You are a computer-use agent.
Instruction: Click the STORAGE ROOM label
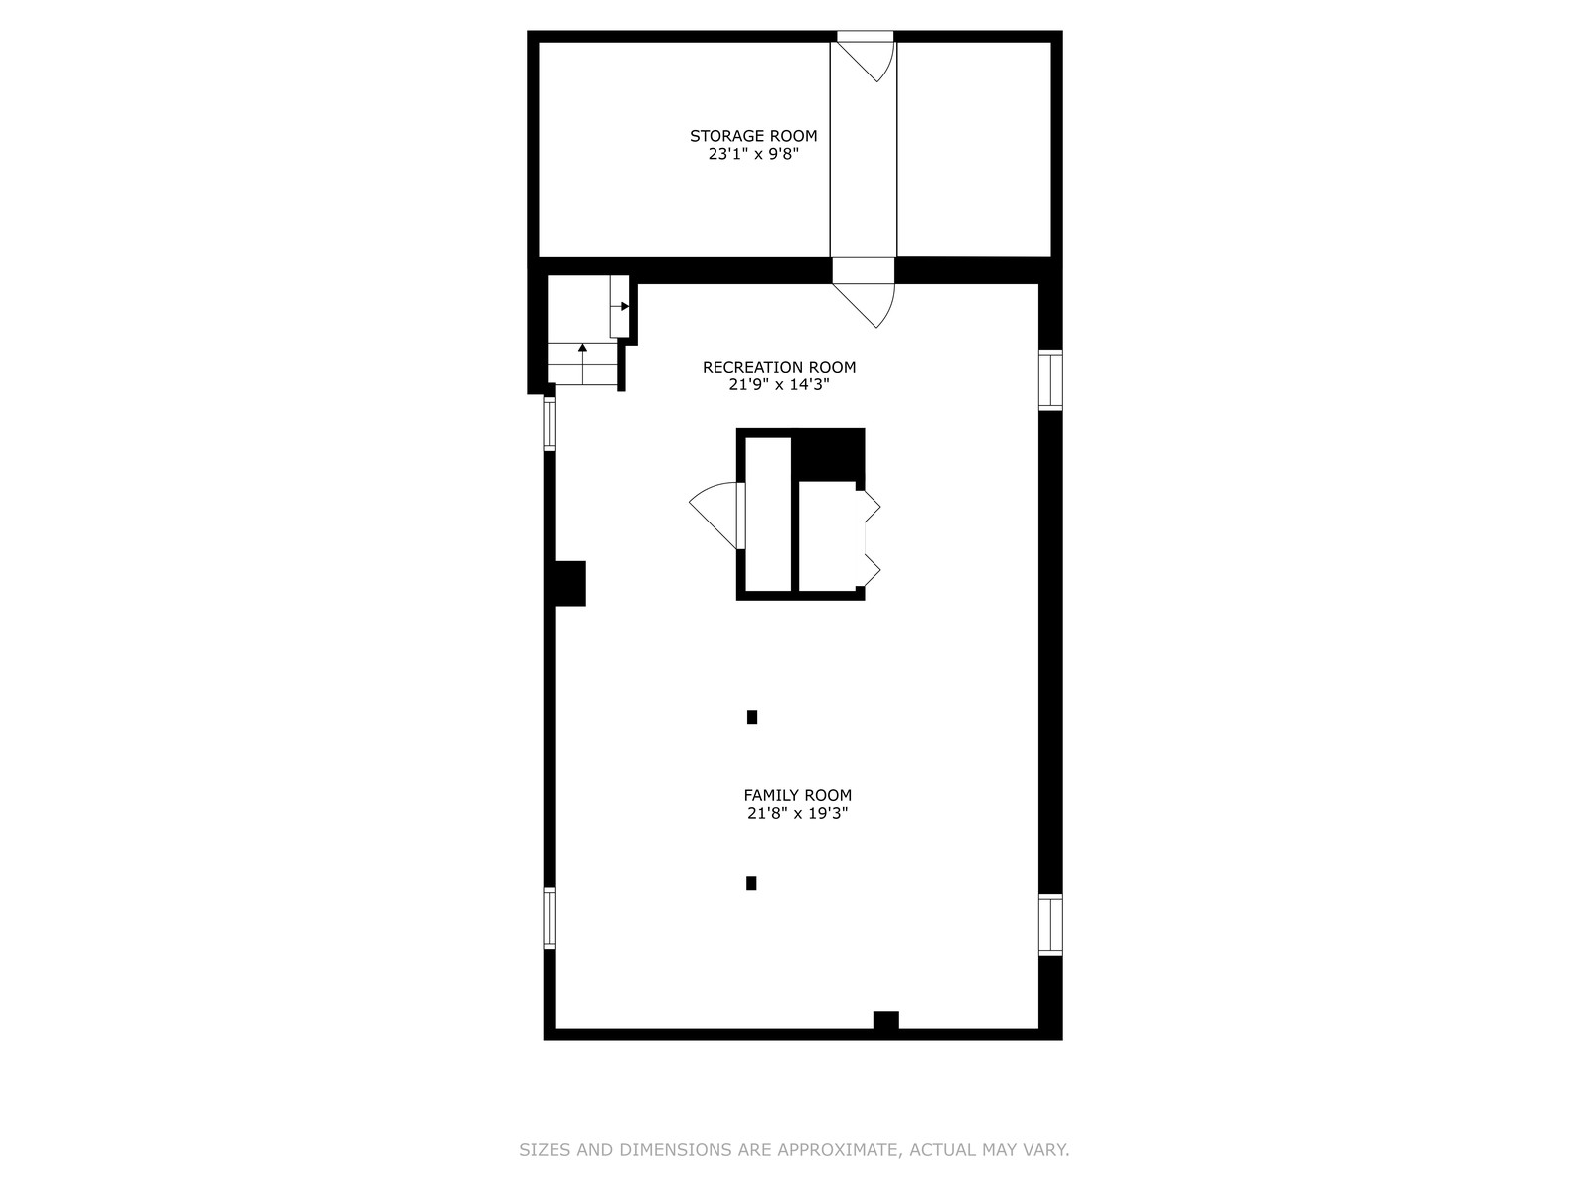(x=753, y=136)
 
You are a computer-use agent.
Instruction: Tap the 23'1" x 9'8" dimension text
(x=753, y=154)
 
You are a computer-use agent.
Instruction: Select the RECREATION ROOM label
(x=779, y=367)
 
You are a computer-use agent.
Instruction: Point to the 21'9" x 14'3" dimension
(x=779, y=385)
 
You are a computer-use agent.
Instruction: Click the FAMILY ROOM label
(x=798, y=795)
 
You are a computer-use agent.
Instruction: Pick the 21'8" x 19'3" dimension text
(x=798, y=813)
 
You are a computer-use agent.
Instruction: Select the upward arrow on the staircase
(x=583, y=364)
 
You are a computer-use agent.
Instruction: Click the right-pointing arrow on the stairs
(x=620, y=306)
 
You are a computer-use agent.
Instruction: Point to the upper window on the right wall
(x=1050, y=380)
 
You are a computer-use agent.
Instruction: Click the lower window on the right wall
(x=1050, y=925)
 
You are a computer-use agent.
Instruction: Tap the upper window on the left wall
(x=550, y=423)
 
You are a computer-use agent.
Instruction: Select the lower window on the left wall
(x=550, y=918)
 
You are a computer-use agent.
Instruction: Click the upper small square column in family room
(x=752, y=717)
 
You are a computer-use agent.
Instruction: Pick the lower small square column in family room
(x=751, y=883)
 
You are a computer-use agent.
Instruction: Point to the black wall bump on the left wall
(x=570, y=583)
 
